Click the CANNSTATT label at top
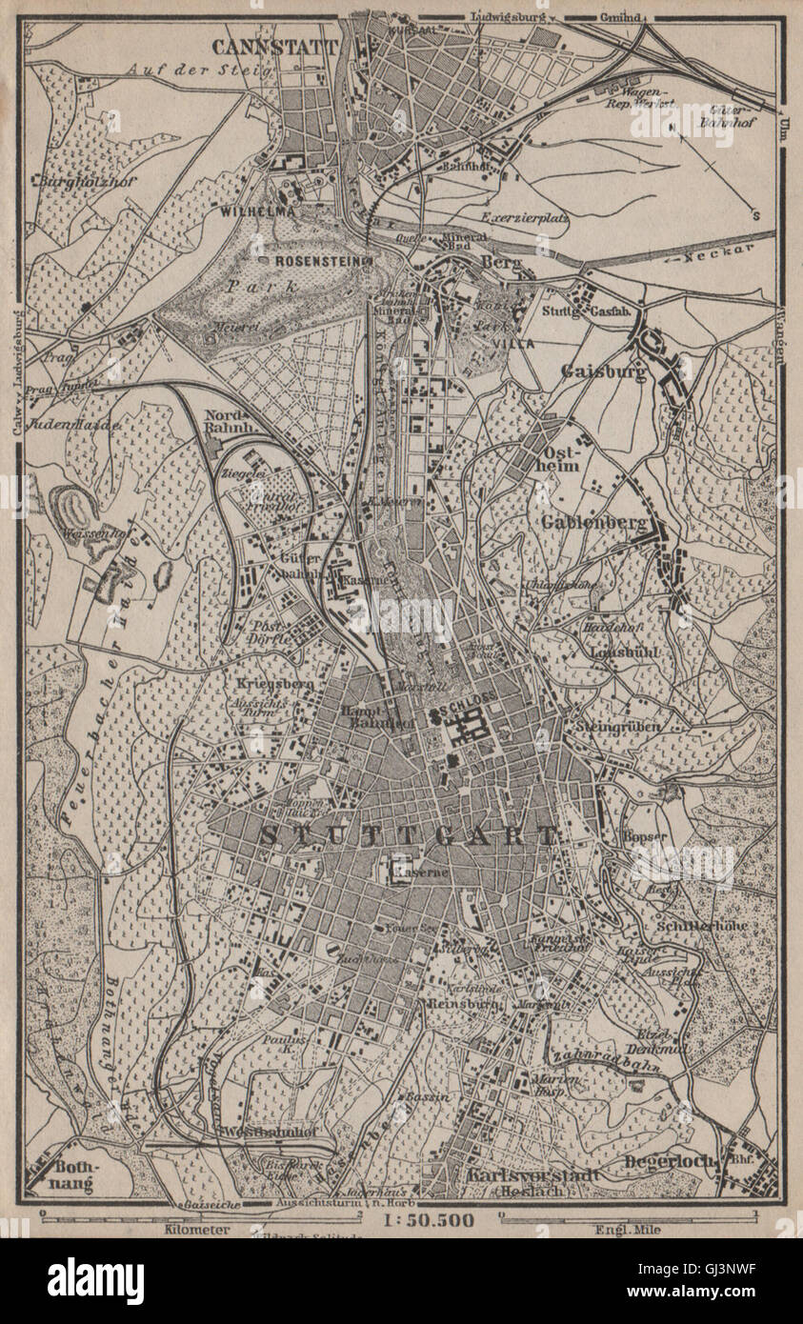pos(274,47)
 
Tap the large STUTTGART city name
pos(408,837)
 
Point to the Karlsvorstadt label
pos(532,1174)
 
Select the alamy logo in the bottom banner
pos(95,1280)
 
